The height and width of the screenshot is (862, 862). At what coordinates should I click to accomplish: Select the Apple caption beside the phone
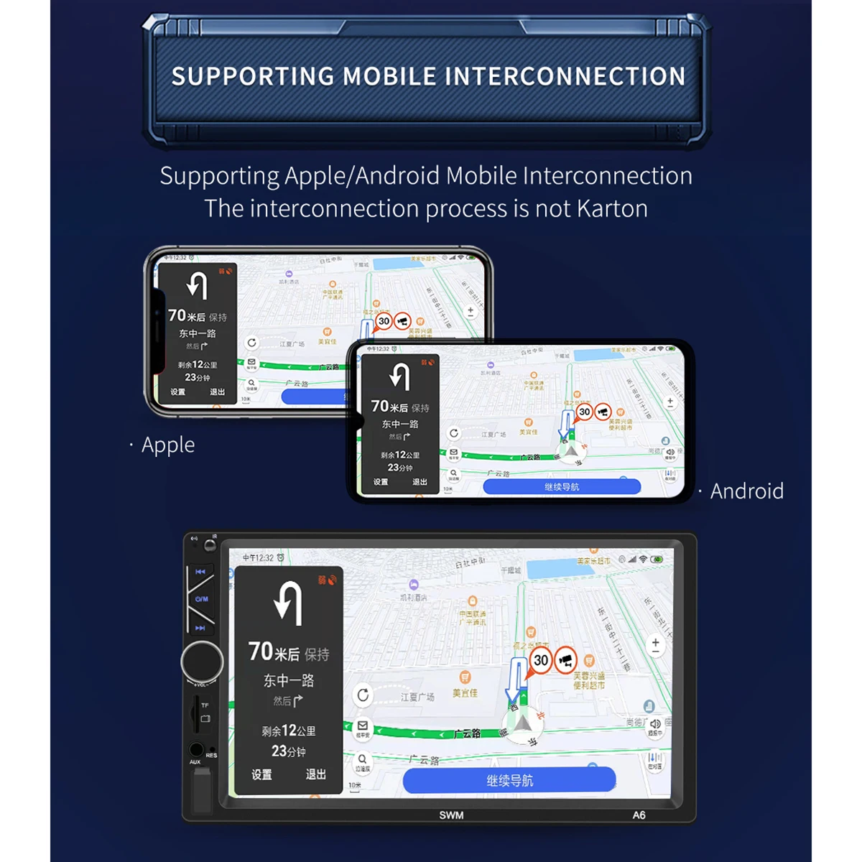[168, 445]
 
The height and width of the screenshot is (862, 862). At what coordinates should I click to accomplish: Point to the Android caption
[746, 491]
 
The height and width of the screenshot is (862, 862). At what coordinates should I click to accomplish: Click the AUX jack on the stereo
[195, 750]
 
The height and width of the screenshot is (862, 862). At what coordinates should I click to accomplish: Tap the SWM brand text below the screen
[451, 815]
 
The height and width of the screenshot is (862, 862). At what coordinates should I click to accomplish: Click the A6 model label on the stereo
[639, 815]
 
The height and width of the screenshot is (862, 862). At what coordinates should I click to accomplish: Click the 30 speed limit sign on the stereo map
[541, 660]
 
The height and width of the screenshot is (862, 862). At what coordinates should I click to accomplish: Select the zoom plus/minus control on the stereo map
[655, 645]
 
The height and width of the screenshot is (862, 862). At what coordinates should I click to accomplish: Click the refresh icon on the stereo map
[363, 695]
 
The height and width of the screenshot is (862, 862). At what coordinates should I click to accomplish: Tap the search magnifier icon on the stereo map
[363, 760]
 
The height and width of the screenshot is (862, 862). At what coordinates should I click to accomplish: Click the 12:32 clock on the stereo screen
[258, 557]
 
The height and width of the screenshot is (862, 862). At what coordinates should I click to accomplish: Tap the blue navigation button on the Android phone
[562, 487]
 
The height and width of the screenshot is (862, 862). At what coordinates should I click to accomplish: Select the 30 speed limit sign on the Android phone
[585, 412]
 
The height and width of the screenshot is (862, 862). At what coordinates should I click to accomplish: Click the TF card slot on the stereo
[195, 711]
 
